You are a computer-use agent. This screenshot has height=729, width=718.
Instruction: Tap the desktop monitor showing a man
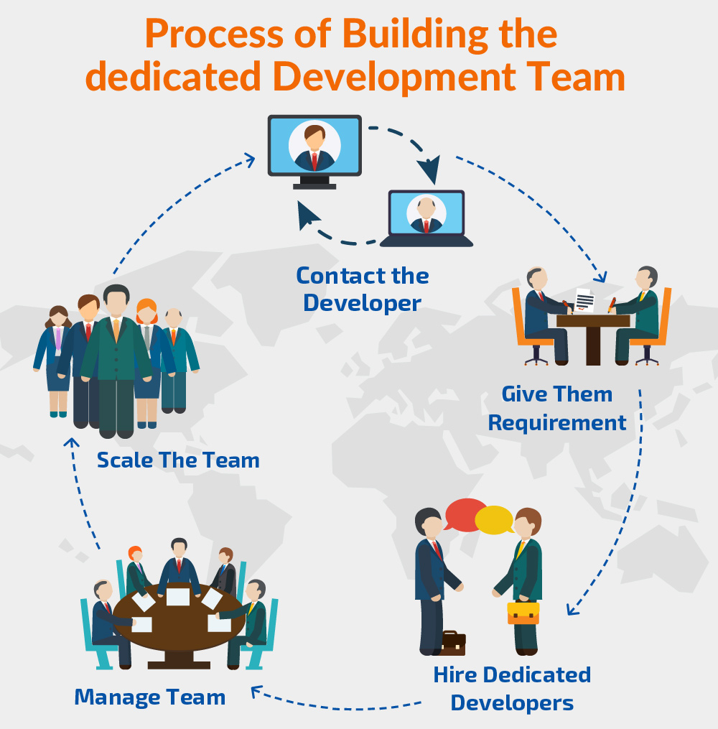314,147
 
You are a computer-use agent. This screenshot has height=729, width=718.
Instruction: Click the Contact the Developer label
363,289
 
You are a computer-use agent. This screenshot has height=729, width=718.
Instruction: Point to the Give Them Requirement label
557,408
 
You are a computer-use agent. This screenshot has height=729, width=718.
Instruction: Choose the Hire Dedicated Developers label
512,688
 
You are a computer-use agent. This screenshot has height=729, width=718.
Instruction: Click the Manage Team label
150,697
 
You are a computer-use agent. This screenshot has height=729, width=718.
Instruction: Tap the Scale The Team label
178,460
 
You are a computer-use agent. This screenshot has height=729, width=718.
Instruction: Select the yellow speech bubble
495,520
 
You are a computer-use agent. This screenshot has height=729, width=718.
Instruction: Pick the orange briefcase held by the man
523,613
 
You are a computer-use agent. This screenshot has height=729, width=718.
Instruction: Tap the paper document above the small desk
585,300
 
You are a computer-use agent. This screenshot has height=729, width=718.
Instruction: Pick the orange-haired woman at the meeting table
136,567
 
